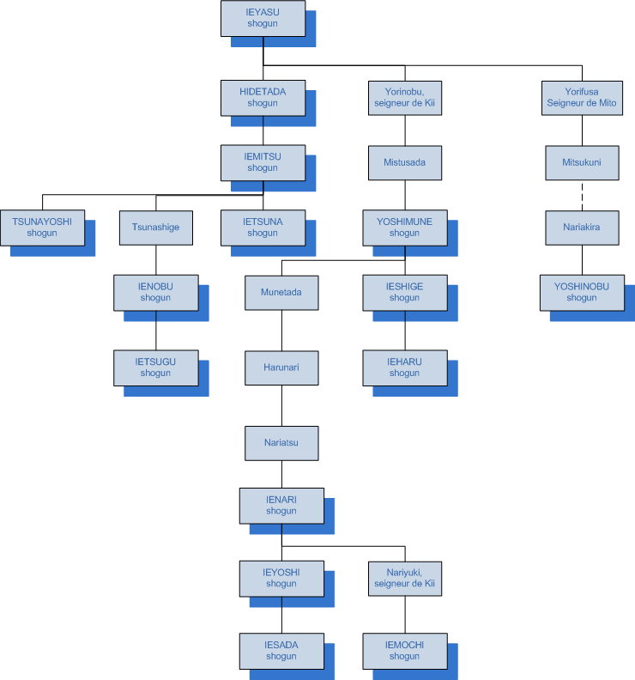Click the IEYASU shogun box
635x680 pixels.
pos(263,18)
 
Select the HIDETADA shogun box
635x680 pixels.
pos(263,97)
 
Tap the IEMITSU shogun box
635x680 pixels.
pos(263,162)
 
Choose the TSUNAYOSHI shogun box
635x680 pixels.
pos(42,227)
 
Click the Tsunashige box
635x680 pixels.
pos(155,228)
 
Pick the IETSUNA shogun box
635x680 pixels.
pos(263,227)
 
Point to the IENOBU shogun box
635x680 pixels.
pos(155,292)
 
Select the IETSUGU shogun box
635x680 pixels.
pos(155,367)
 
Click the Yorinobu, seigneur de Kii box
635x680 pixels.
pos(405,98)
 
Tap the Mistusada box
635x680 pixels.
pos(405,161)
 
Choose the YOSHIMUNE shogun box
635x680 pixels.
pos(405,227)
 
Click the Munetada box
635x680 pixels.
pos(281,293)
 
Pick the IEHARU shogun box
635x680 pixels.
pos(405,367)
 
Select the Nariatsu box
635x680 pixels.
pos(281,443)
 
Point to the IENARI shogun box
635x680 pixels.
pos(281,505)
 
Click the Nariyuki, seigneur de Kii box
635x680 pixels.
pos(405,578)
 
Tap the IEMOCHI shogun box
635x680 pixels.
pos(405,650)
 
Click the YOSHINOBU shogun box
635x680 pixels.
pos(583,292)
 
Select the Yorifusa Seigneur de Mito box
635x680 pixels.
pos(583,98)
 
